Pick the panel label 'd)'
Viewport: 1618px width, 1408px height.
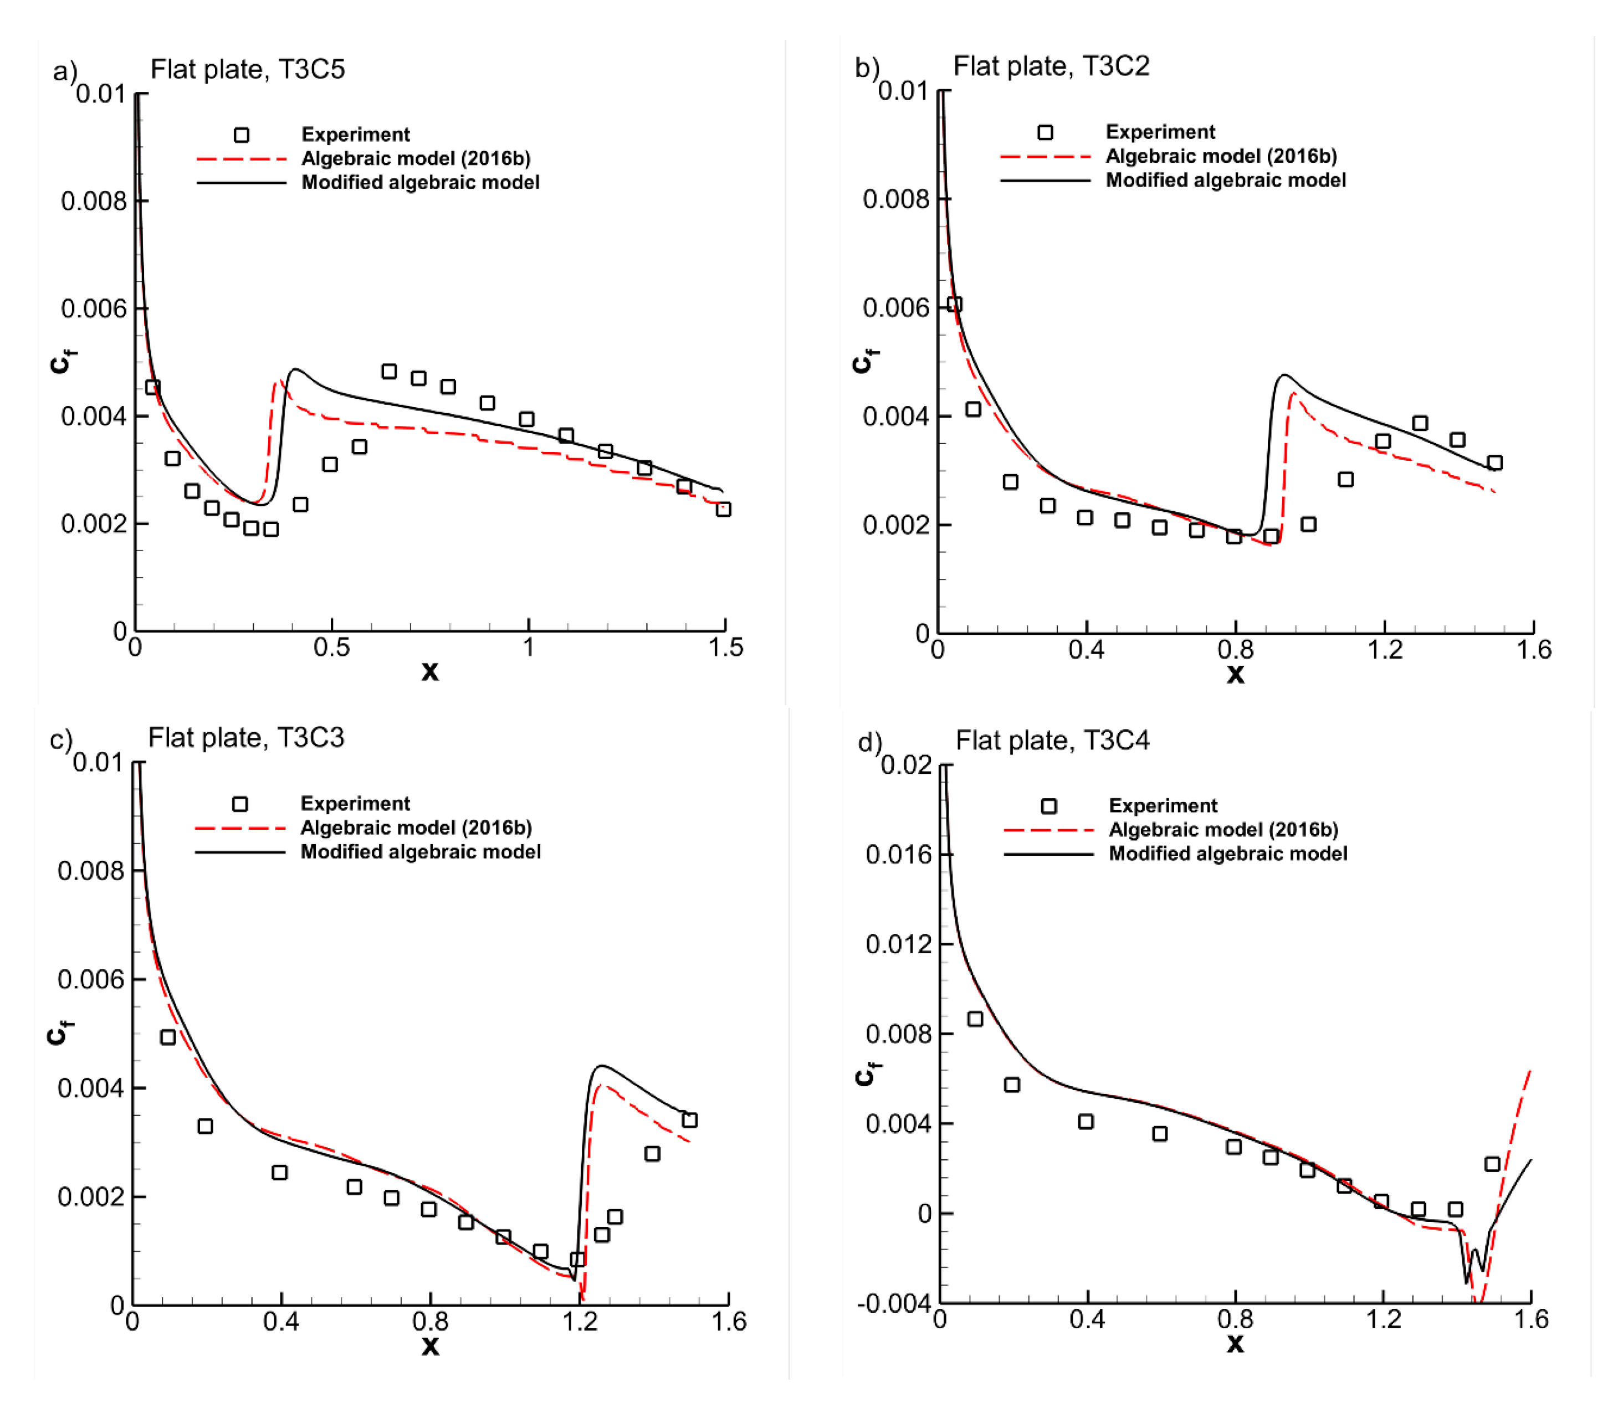click(x=869, y=743)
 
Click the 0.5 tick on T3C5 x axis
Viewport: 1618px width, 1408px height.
click(x=331, y=648)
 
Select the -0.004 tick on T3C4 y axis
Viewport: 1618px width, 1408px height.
click(x=893, y=1304)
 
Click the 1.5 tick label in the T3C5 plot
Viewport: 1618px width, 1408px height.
click(x=725, y=648)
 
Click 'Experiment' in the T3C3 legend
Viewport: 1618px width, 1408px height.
click(x=355, y=804)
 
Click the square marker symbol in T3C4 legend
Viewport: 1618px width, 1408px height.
click(x=1048, y=806)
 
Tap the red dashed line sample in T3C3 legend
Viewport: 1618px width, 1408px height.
click(x=240, y=828)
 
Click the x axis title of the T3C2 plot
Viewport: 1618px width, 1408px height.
click(x=1235, y=674)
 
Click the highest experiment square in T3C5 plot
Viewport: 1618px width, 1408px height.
click(x=388, y=371)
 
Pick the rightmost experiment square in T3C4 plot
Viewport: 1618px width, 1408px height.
click(x=1492, y=1164)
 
